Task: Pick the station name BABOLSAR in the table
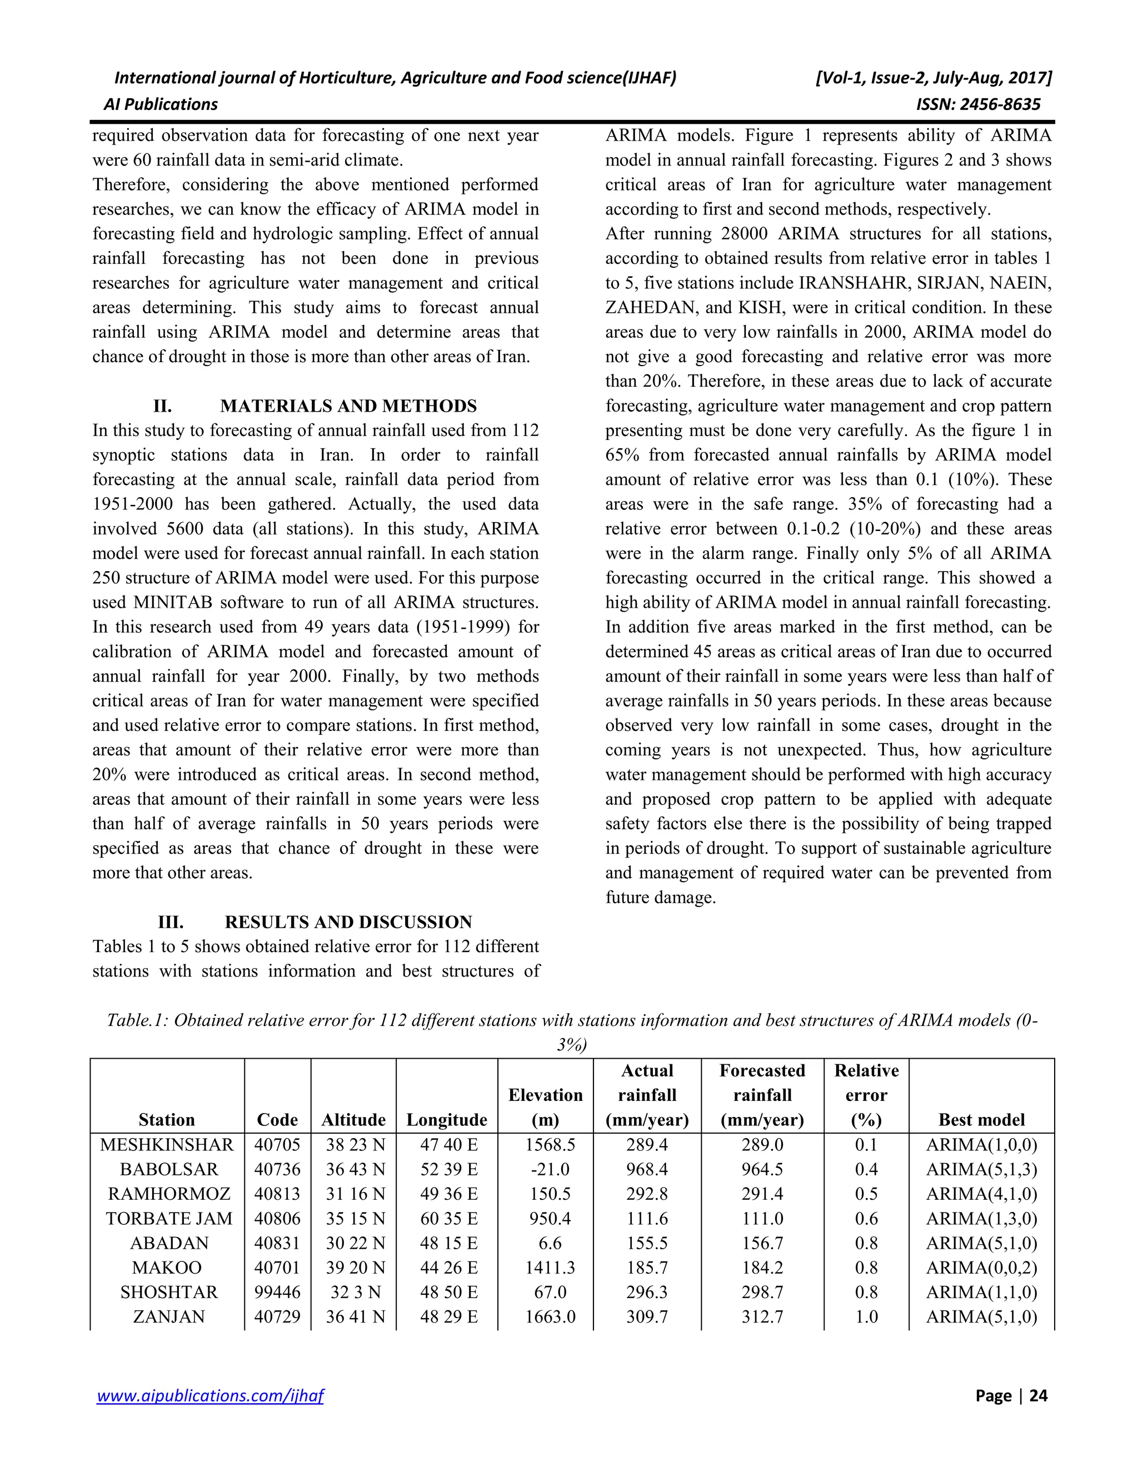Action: click(169, 1169)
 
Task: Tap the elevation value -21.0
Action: click(550, 1169)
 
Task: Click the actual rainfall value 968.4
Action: click(647, 1169)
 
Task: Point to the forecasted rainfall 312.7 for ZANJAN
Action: click(762, 1317)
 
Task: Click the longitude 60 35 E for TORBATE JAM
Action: click(448, 1219)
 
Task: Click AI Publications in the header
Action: click(161, 104)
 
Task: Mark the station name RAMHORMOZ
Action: click(169, 1194)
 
